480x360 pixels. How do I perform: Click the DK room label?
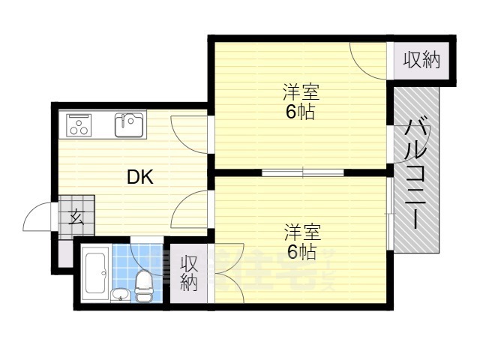[140, 178]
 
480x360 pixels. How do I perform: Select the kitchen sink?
[130, 124]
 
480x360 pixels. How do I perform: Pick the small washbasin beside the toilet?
[120, 293]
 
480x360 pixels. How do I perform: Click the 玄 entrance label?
[76, 218]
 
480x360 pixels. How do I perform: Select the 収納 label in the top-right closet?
[421, 60]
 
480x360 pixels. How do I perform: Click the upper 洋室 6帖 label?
[301, 103]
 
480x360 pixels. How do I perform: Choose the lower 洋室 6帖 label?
[301, 241]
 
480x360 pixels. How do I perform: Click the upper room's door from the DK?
[187, 131]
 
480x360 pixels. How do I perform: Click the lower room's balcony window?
[389, 214]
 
